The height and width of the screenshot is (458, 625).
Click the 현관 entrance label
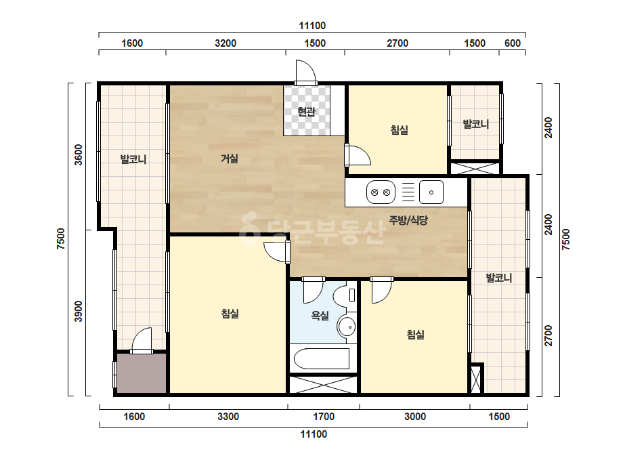[x=307, y=112]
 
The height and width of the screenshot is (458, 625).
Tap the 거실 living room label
[x=230, y=159]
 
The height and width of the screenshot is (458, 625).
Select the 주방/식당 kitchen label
[x=408, y=220]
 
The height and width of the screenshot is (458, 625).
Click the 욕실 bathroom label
[x=320, y=316]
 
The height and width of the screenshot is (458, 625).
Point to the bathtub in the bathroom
[x=322, y=358]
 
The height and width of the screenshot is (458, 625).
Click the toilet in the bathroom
[x=346, y=295]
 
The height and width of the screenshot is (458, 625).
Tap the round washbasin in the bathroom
[x=347, y=327]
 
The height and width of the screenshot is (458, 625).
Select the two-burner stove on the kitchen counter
[x=381, y=192]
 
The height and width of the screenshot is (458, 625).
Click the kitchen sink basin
[x=431, y=192]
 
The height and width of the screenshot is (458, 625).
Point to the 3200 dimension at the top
[x=225, y=43]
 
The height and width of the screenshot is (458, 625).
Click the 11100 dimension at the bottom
[x=314, y=434]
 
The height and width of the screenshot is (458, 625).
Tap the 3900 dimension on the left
[x=79, y=312]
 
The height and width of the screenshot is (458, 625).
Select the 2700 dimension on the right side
[x=548, y=336]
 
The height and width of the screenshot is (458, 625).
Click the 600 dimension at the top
[x=513, y=43]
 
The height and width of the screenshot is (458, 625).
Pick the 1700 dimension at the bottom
[x=324, y=417]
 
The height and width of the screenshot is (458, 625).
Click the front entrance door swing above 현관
[x=305, y=72]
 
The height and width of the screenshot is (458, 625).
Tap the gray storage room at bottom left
[x=141, y=373]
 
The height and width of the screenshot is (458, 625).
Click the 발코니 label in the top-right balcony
[x=476, y=124]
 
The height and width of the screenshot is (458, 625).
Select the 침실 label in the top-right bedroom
[x=399, y=130]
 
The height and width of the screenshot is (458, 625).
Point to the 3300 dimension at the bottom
[x=228, y=417]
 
